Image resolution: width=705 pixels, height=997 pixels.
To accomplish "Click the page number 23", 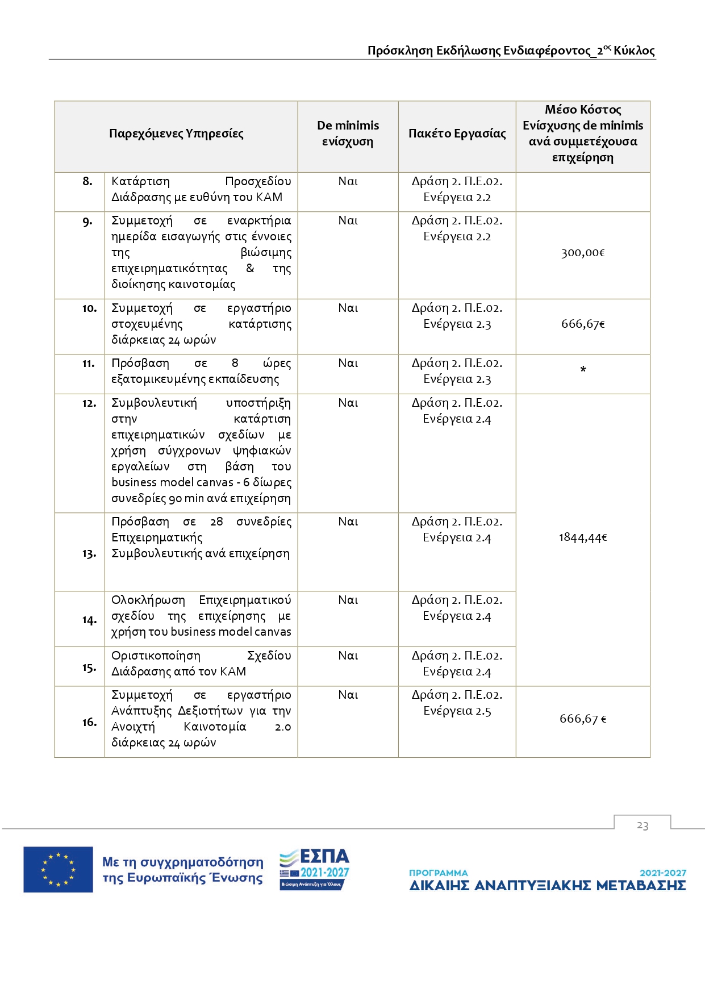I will pyautogui.click(x=643, y=825).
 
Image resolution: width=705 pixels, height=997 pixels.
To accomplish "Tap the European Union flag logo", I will pyautogui.click(x=58, y=869).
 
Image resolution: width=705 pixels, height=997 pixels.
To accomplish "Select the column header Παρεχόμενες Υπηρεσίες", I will pyautogui.click(x=176, y=134).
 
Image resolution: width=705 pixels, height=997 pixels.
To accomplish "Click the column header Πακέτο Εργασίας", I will pyautogui.click(x=457, y=134).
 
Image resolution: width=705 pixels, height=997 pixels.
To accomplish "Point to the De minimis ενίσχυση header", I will pyautogui.click(x=348, y=134).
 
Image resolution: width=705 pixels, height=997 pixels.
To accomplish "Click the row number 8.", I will pyautogui.click(x=87, y=181).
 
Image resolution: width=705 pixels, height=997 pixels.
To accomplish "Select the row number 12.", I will pyautogui.click(x=89, y=403).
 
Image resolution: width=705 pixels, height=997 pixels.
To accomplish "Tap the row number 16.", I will pyautogui.click(x=89, y=722).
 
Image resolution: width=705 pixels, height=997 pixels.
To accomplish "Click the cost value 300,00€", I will pyautogui.click(x=583, y=253).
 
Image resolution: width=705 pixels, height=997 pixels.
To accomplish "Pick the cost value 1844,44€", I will pyautogui.click(x=583, y=537).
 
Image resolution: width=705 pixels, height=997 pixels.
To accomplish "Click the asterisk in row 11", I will pyautogui.click(x=583, y=370).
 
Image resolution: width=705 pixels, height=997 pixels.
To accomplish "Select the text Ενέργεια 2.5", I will pyautogui.click(x=457, y=711).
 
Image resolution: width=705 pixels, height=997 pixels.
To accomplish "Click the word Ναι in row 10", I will pyautogui.click(x=348, y=308).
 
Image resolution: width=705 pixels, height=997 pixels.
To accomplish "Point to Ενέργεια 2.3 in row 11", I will pyautogui.click(x=457, y=379).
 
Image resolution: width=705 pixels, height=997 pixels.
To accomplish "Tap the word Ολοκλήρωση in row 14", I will pyautogui.click(x=148, y=600).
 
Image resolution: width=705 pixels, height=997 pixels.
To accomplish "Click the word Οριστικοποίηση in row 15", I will pyautogui.click(x=156, y=656).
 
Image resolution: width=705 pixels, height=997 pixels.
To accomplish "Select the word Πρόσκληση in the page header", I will pyautogui.click(x=400, y=51).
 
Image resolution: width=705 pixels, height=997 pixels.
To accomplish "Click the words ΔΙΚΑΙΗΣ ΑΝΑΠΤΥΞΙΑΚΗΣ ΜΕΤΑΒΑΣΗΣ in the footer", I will pyautogui.click(x=548, y=886).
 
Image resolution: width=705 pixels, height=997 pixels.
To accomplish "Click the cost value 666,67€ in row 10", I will pyautogui.click(x=583, y=324).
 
